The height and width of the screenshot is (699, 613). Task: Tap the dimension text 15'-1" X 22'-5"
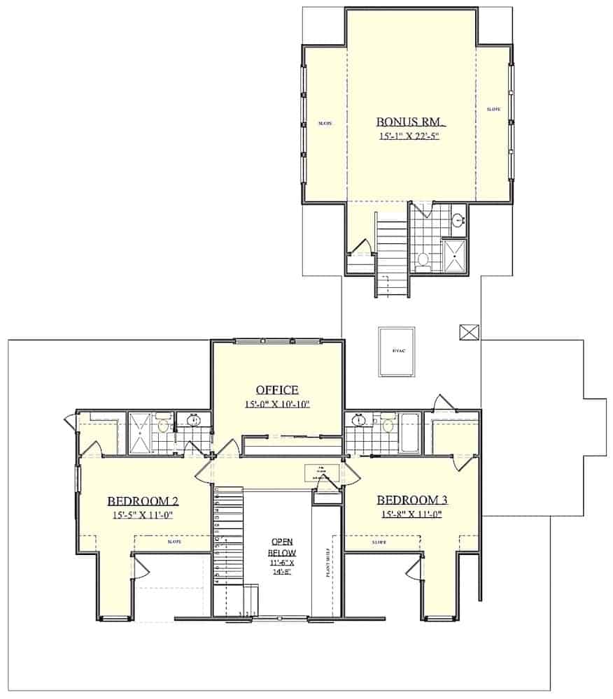(x=409, y=136)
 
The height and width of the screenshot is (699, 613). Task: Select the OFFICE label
(x=277, y=390)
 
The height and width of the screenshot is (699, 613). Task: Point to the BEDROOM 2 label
(x=140, y=500)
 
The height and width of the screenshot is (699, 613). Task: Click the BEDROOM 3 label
(x=412, y=500)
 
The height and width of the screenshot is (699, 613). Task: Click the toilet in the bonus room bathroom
(x=423, y=260)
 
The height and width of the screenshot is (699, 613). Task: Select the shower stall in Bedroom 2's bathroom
(x=141, y=433)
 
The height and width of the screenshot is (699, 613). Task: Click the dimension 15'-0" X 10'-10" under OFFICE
(x=277, y=404)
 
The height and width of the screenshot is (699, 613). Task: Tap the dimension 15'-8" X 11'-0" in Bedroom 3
(x=412, y=515)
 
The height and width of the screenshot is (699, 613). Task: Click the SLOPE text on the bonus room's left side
(x=325, y=123)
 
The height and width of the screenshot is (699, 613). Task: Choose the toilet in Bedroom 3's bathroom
(x=386, y=424)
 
